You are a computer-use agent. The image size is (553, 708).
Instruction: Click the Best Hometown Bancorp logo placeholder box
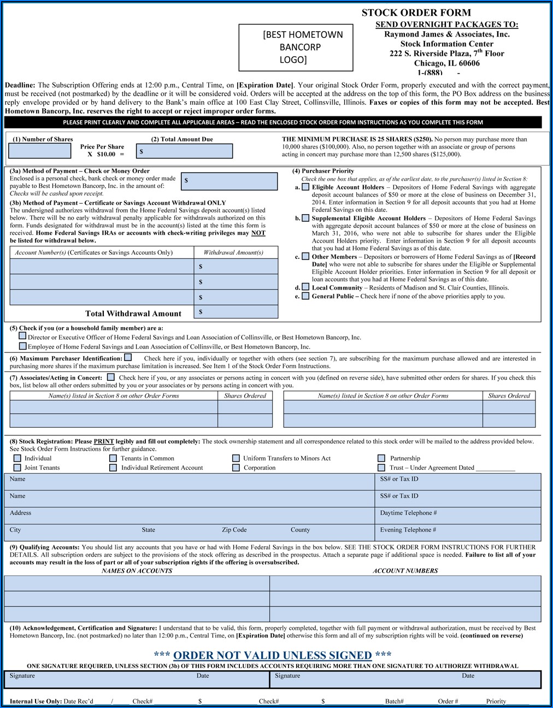[x=296, y=48]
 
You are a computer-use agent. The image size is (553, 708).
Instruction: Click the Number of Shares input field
[x=40, y=151]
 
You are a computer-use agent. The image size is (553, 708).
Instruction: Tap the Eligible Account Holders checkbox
[x=305, y=187]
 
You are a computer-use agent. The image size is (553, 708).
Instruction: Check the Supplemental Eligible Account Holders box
[x=305, y=218]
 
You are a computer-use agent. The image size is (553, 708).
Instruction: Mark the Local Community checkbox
[x=305, y=287]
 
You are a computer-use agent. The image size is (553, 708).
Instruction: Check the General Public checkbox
[x=305, y=296]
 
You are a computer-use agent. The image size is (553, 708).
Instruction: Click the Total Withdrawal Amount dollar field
[x=237, y=312]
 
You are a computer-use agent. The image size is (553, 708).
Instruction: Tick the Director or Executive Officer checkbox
[x=22, y=336]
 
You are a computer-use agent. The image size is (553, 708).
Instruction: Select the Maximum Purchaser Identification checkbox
[x=128, y=357]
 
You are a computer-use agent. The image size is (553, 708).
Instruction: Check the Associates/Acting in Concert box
[x=111, y=377]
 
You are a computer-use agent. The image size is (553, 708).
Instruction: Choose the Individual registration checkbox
[x=17, y=458]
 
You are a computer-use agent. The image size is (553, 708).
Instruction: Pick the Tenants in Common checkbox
[x=113, y=458]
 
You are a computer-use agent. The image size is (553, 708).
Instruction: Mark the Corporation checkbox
[x=236, y=468]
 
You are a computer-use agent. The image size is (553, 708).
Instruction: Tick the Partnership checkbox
[x=381, y=458]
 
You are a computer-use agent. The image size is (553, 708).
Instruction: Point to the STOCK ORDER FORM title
[x=416, y=13]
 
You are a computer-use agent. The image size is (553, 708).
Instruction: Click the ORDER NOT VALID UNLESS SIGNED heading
[x=272, y=655]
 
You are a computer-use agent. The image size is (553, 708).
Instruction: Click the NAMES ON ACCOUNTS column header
[x=137, y=570]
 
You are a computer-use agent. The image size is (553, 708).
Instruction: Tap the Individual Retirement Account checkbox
[x=113, y=468]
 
